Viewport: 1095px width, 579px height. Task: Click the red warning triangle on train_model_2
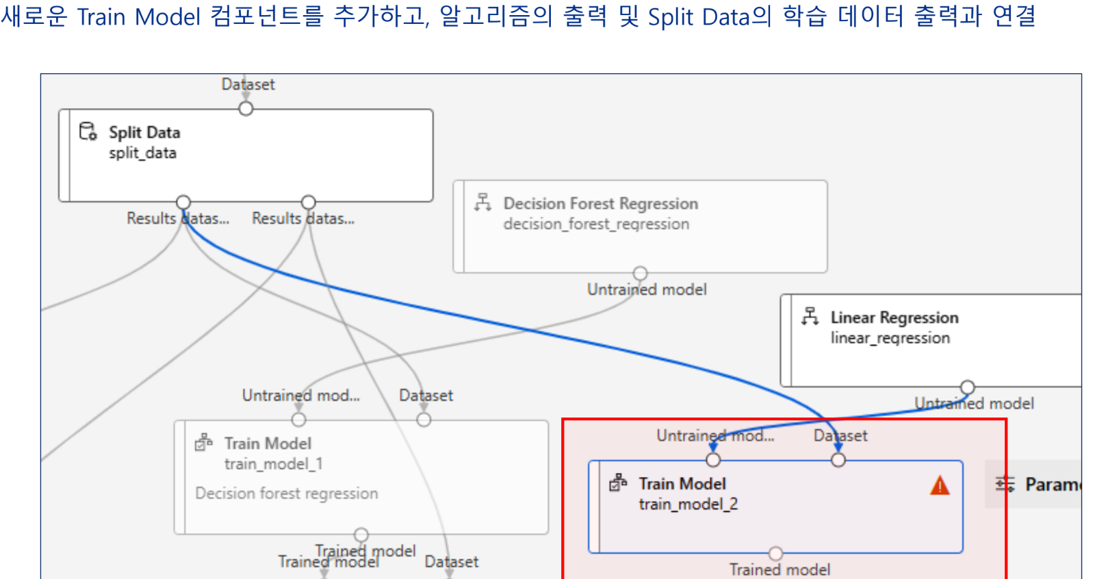click(940, 486)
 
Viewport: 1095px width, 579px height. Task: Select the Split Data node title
click(144, 132)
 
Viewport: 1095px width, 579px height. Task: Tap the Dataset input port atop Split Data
click(246, 109)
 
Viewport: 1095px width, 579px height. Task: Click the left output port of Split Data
click(183, 202)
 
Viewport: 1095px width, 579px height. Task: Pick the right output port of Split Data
click(309, 202)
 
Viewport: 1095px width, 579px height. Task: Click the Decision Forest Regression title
click(600, 203)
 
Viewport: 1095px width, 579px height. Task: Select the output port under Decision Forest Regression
click(640, 273)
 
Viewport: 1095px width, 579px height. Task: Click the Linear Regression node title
click(894, 318)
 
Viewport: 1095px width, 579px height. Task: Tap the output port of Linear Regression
click(967, 387)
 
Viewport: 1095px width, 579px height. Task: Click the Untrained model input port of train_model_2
click(713, 460)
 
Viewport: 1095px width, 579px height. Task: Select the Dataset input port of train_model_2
click(838, 460)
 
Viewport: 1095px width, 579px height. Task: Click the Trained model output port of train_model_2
click(775, 553)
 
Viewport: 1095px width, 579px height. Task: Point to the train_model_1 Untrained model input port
click(299, 420)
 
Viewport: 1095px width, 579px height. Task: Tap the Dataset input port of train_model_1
click(424, 420)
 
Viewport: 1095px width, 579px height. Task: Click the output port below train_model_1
click(361, 535)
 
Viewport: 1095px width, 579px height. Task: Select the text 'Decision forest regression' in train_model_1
click(286, 493)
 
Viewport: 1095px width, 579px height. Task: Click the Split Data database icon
click(88, 131)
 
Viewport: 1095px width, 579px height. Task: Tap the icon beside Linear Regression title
click(810, 316)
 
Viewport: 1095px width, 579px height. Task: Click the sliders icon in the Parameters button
click(1005, 485)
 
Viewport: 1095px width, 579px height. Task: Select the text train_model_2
click(688, 504)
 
